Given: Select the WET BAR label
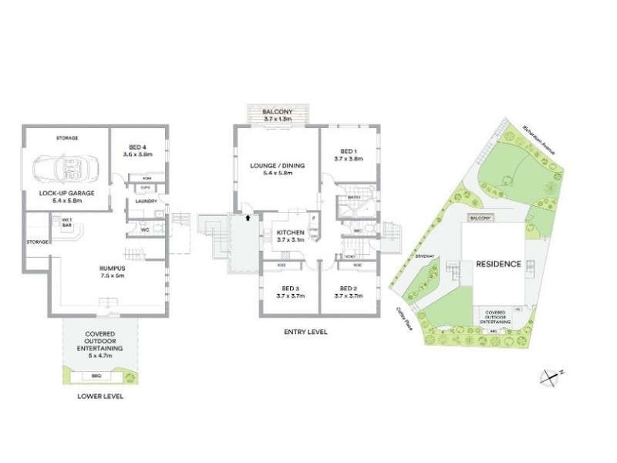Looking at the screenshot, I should click(x=66, y=221).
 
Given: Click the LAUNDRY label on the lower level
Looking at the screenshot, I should click(x=147, y=202).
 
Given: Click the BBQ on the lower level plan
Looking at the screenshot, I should click(x=96, y=376).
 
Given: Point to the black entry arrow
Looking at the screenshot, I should click(x=247, y=218).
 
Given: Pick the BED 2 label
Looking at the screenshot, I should click(x=348, y=291).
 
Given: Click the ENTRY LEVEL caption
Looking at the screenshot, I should click(x=306, y=333).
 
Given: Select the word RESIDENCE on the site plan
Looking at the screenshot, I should click(x=497, y=264).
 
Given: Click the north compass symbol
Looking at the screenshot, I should click(x=551, y=377).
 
